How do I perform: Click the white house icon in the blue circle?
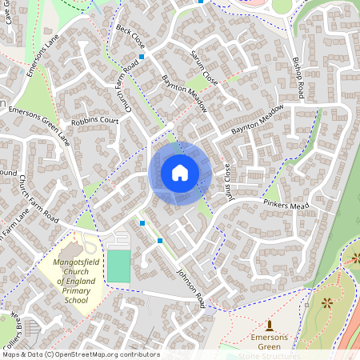(180, 172)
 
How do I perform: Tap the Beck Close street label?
(130, 36)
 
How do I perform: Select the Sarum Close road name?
(203, 67)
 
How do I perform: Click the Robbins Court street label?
(94, 122)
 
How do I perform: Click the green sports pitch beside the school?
(118, 266)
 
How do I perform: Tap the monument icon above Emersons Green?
(269, 326)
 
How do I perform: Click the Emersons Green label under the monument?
(269, 342)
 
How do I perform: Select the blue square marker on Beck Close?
(142, 57)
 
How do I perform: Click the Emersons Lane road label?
(43, 59)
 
